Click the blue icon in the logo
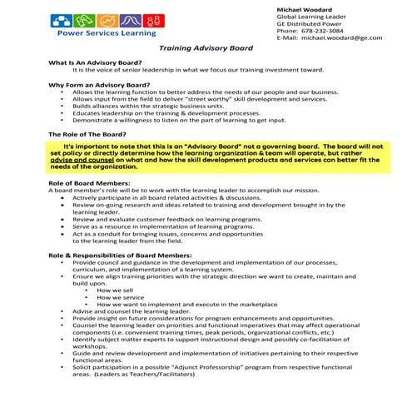[x=61, y=21]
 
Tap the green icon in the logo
[x=83, y=21]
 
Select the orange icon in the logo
[x=106, y=21]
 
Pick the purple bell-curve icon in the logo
[x=129, y=21]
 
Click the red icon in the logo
[x=151, y=21]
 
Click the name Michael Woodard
[x=304, y=7]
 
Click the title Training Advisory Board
[x=206, y=50]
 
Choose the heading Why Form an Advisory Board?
[x=99, y=85]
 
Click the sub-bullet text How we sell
[x=116, y=289]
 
